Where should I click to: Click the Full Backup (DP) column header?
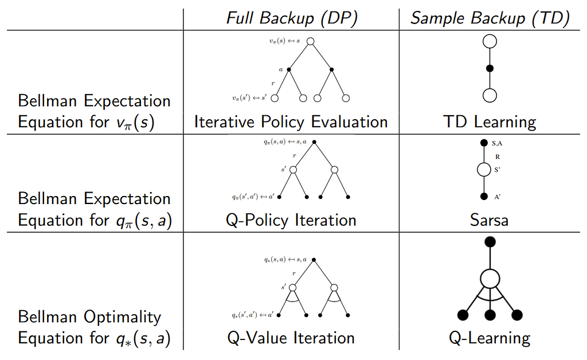(292, 18)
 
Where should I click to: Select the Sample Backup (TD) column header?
(490, 18)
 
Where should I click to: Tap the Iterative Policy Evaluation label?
(291, 122)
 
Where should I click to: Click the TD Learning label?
(490, 122)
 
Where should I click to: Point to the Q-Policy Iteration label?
(291, 220)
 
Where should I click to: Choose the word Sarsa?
(490, 220)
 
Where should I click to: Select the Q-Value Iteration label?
(291, 338)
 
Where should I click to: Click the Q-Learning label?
(490, 338)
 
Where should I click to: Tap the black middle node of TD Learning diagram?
(490, 68)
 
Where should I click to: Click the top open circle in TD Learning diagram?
(490, 41)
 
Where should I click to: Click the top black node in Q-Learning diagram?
(490, 242)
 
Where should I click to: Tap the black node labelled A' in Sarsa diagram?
(484, 196)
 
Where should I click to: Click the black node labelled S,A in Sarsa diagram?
(484, 143)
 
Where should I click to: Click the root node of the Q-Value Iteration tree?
(314, 260)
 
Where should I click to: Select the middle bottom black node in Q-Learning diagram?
(490, 315)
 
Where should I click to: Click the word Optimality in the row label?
(123, 318)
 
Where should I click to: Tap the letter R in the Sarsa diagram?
(498, 157)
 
